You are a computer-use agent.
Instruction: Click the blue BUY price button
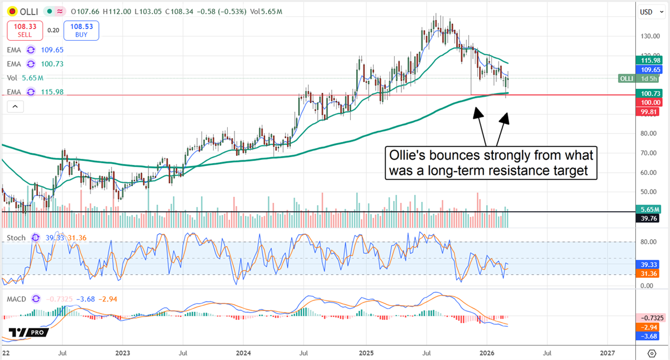coord(82,30)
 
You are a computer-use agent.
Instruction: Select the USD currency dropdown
coord(649,11)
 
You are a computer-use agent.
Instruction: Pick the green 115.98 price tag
coord(650,60)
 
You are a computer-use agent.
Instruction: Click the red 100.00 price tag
coord(650,102)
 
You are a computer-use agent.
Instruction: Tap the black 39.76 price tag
coord(650,219)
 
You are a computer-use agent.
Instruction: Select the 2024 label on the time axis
coord(243,353)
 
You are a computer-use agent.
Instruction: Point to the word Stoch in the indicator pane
coord(16,238)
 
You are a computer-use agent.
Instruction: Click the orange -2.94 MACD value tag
coord(650,326)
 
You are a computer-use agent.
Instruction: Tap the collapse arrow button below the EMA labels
coord(15,106)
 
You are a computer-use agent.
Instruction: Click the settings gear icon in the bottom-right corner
coord(652,353)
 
